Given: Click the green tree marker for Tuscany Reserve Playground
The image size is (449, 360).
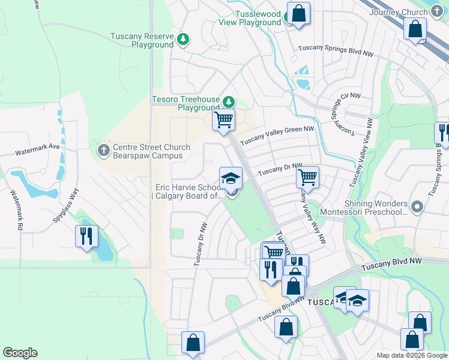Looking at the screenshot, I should pos(184,40).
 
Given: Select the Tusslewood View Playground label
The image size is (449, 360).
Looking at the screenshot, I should pos(250,18).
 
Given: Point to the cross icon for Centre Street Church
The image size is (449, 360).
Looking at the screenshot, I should pos(103,149).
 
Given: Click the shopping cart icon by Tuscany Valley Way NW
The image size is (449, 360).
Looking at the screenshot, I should pos(307,177).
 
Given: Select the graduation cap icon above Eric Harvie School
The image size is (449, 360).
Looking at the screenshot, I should pos(231,178).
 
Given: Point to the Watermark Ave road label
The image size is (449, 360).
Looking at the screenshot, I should pos(38,146).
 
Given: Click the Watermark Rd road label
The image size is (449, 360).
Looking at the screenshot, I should pos(17,210).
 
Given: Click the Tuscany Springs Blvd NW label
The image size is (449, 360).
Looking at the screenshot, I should pos(336,50).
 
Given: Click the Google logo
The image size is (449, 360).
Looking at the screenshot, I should pos(20,353).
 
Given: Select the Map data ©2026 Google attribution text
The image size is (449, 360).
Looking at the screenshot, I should pos(411,355).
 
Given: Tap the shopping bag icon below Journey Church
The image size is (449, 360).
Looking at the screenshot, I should pos(414,29).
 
